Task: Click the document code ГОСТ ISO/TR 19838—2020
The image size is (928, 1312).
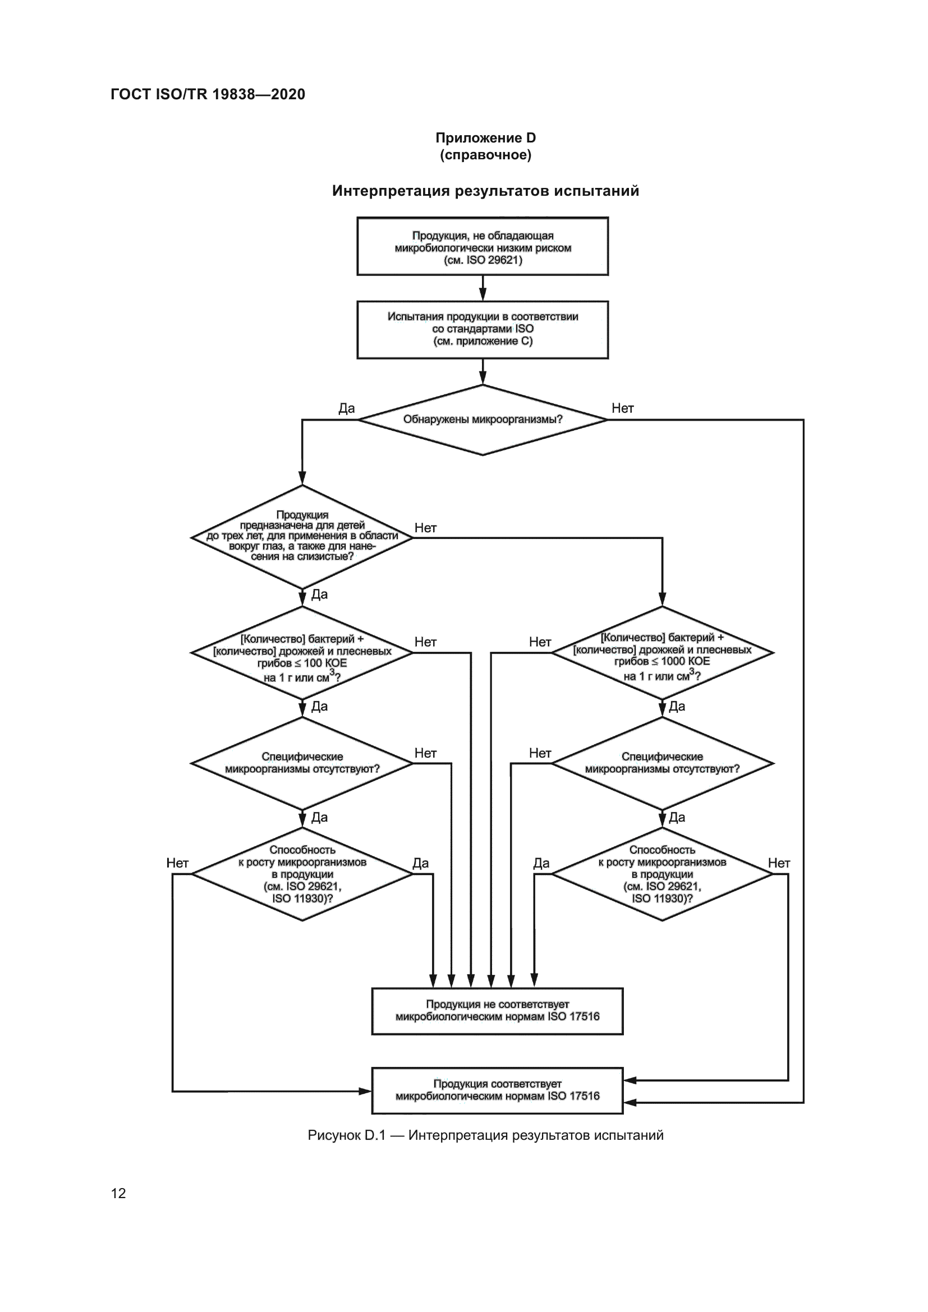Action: [x=208, y=94]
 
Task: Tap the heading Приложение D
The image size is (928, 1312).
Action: [x=485, y=138]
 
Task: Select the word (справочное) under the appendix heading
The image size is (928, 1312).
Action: [x=485, y=155]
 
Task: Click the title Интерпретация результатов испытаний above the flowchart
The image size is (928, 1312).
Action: [x=485, y=191]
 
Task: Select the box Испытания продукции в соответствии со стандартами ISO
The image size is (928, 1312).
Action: [x=483, y=329]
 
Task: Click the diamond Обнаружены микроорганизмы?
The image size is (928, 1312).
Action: [x=483, y=420]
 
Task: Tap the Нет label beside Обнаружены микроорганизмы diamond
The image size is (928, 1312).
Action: [x=622, y=408]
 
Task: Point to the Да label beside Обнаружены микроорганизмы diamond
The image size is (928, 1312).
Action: [x=346, y=408]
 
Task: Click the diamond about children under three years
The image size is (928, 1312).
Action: [x=302, y=536]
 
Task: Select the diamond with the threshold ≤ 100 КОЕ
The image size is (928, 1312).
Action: [x=302, y=653]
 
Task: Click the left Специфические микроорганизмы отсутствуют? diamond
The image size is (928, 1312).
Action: [x=302, y=763]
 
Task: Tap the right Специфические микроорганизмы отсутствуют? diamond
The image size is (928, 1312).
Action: [x=661, y=763]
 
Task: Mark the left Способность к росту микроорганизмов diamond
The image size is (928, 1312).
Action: [x=302, y=874]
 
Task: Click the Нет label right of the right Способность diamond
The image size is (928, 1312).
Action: [x=778, y=863]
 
